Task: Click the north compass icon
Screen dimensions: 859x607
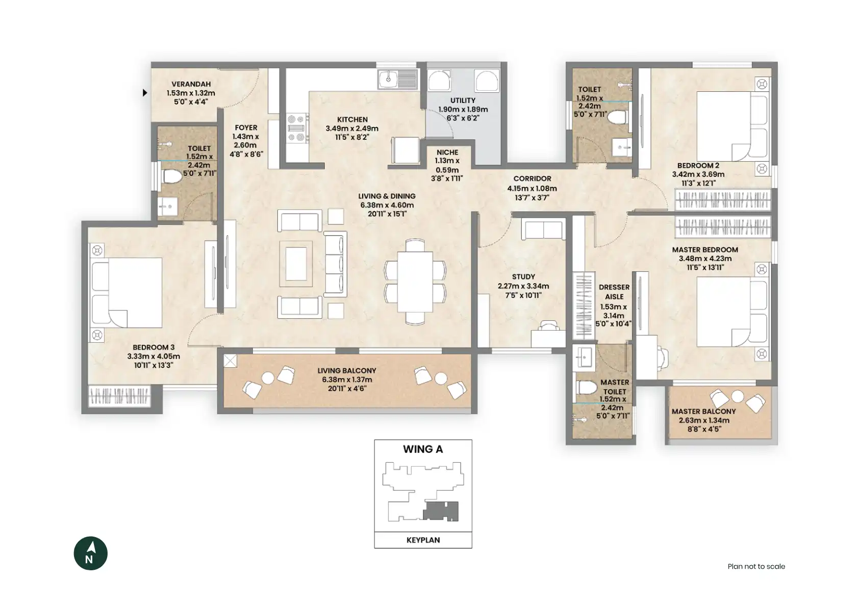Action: [90, 553]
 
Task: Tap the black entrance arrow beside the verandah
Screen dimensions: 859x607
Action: [144, 92]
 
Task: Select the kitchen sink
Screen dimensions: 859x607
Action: [398, 80]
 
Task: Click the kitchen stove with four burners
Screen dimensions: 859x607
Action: [297, 128]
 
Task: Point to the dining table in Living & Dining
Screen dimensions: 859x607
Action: [415, 282]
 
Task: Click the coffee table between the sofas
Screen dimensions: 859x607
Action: [296, 264]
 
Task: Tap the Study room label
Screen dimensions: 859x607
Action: [523, 276]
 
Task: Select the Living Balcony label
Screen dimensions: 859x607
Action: [347, 370]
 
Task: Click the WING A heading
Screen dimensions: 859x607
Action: [423, 449]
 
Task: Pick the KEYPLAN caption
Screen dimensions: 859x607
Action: [423, 540]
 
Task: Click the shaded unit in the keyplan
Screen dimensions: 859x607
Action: [441, 511]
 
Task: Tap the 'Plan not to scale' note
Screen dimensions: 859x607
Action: [756, 566]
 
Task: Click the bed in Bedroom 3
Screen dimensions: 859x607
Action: [127, 293]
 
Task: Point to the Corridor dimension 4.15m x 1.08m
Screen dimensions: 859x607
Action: [532, 188]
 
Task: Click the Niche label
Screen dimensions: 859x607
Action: [447, 152]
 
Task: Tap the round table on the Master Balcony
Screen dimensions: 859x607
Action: [737, 396]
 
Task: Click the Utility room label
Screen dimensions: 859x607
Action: [463, 100]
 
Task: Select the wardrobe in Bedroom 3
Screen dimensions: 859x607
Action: [119, 396]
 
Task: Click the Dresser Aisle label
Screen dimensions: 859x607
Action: [614, 292]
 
